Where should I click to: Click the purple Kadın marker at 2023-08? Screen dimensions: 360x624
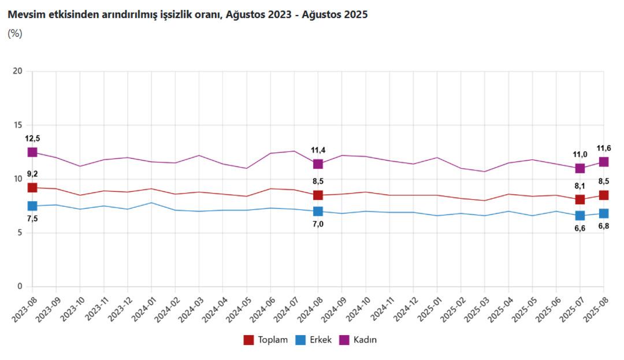[x=32, y=152]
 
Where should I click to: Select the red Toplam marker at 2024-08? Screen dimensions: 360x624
[x=318, y=195]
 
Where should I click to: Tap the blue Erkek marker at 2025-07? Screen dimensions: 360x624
[x=580, y=216]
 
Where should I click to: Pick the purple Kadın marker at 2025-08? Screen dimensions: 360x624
[x=604, y=162]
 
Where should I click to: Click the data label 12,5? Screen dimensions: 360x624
[x=32, y=138]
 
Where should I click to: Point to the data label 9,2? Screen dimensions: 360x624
[x=32, y=174]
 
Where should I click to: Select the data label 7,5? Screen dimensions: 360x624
[x=32, y=219]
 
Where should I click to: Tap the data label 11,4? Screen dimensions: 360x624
[x=318, y=150]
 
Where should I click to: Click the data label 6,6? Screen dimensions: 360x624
[x=580, y=229]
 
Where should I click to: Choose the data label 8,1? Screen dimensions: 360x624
[x=580, y=186]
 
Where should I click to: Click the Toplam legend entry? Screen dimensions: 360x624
[x=266, y=340]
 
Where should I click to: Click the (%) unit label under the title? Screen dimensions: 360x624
[x=15, y=34]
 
